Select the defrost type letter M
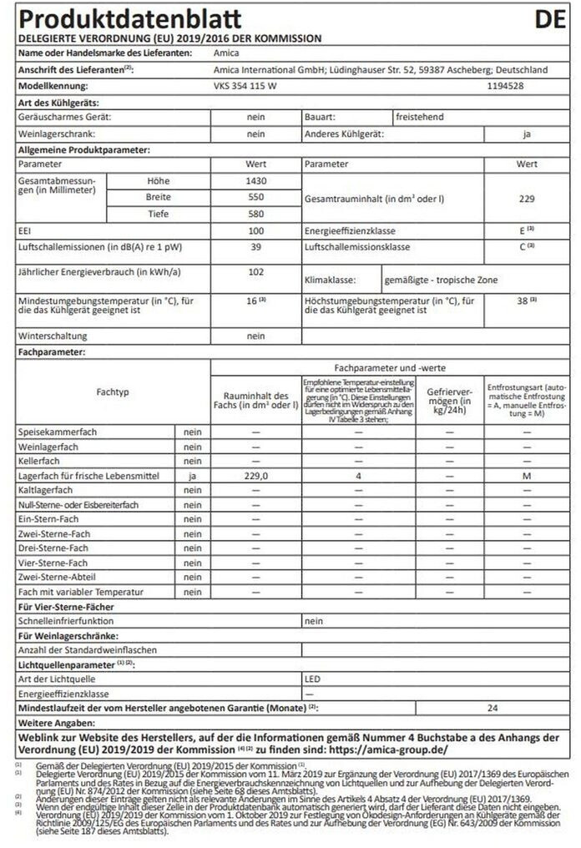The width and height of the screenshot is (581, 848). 526,476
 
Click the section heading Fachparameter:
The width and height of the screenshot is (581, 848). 52,353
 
